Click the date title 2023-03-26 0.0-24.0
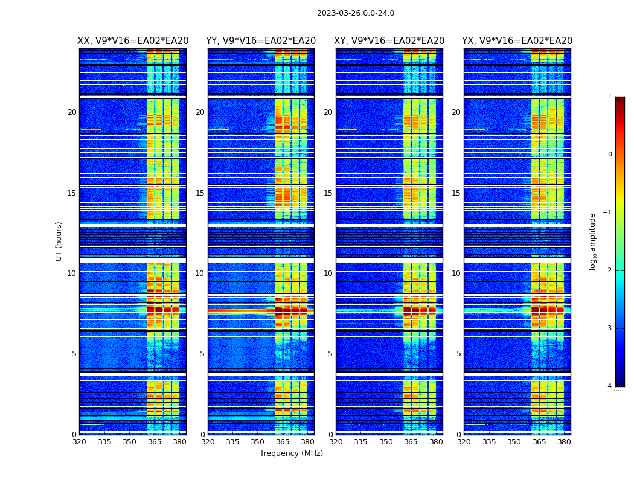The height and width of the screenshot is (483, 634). pos(355,13)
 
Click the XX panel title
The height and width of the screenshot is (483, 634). pos(133,41)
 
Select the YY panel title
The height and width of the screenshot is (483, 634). pos(261,41)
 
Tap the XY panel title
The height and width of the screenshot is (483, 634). pos(389,41)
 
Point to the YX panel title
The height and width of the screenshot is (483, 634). pos(517,41)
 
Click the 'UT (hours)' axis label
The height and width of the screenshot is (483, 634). pos(59,241)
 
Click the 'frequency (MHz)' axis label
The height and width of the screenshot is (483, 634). pos(292,453)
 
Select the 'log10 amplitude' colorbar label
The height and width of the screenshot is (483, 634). pos(593,241)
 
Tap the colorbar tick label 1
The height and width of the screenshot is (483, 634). pos(609,97)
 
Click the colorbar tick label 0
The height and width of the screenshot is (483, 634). pos(609,155)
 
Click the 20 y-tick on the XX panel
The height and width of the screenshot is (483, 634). pos(72,112)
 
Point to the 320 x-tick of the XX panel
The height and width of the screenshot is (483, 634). pos(79,442)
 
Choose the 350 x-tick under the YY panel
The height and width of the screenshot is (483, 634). pos(258,442)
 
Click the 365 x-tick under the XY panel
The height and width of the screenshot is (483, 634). pos(411,442)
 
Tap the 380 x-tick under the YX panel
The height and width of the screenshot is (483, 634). pos(564,442)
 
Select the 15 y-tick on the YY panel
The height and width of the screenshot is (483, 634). pos(200,193)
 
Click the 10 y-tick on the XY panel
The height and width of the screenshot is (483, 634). pos(328,273)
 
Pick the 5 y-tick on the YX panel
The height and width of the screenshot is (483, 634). pos(458,354)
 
